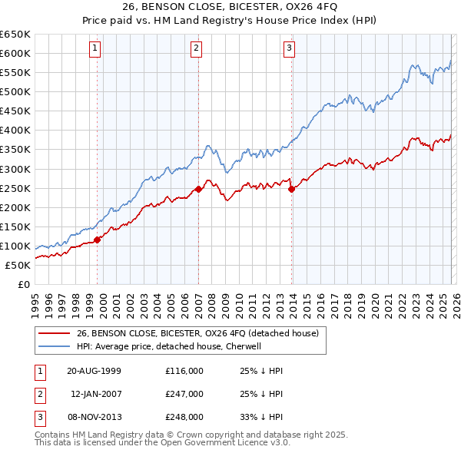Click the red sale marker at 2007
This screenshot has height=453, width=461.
tap(198, 189)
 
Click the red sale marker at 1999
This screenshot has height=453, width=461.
tap(98, 240)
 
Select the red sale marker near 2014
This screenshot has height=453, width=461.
tap(291, 189)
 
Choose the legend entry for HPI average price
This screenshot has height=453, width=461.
tap(169, 346)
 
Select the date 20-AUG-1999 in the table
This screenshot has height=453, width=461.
tap(94, 371)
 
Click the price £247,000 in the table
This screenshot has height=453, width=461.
tap(184, 394)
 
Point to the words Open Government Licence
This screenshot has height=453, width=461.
tap(202, 443)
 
